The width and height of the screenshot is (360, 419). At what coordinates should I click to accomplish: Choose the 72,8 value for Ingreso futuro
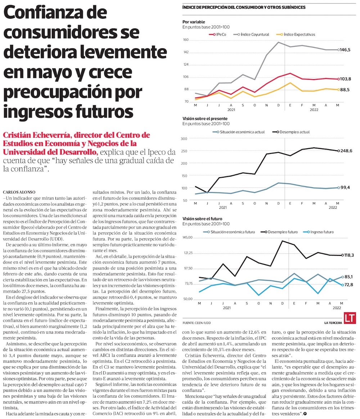click(x=348, y=285)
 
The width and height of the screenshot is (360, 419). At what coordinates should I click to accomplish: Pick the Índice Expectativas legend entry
click(x=299, y=35)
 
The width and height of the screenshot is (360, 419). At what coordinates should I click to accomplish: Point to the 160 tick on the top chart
click(x=186, y=40)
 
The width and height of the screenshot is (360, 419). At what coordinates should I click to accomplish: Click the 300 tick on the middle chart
click(x=184, y=139)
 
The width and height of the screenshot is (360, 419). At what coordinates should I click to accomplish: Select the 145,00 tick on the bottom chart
click(x=188, y=238)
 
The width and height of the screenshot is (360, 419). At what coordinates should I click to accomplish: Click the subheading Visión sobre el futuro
click(x=202, y=219)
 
